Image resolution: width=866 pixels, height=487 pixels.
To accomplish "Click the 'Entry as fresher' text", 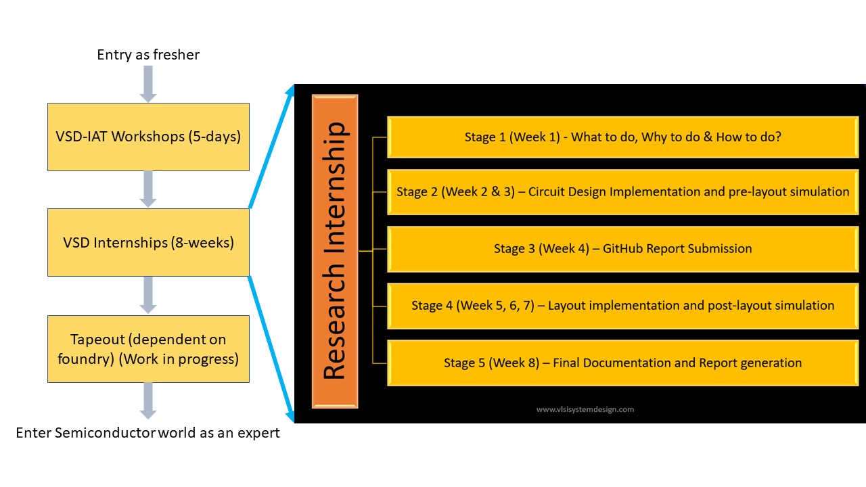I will click(148, 55).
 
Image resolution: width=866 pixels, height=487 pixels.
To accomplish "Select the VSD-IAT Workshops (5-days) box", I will click(148, 137).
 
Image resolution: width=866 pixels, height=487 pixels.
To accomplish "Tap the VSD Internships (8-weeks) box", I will click(148, 242).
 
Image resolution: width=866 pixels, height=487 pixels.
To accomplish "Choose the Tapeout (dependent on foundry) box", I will click(148, 349).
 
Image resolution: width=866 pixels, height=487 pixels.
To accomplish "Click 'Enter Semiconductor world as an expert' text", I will click(147, 433).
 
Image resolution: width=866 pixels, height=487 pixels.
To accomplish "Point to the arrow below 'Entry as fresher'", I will click(148, 85).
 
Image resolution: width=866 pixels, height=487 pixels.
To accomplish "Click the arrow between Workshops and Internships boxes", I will click(148, 189).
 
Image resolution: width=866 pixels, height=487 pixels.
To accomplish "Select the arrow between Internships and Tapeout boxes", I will click(148, 295).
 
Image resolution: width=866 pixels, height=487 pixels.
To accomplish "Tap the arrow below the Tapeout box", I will click(148, 400).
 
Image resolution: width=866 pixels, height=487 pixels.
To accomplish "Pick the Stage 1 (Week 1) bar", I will click(622, 137).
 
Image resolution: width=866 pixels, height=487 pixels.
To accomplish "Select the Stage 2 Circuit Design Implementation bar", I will click(622, 192).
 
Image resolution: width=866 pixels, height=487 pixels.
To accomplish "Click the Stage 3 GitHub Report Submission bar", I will click(622, 249).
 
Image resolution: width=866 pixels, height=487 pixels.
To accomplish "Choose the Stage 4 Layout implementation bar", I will click(622, 306).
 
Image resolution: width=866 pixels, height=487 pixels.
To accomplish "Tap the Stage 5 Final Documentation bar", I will click(622, 363).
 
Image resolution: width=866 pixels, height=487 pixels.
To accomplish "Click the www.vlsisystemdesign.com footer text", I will click(585, 409).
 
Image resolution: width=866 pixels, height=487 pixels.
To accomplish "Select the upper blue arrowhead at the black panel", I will click(292, 91).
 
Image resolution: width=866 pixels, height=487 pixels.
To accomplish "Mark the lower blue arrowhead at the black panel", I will click(291, 415).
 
